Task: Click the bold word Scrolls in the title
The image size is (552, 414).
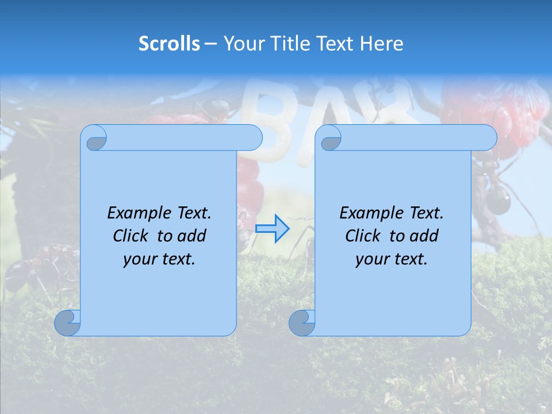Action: point(169,44)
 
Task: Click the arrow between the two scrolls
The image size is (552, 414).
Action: point(273,229)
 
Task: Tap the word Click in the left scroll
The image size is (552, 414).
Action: point(132,236)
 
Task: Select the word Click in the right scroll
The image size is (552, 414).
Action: point(365,236)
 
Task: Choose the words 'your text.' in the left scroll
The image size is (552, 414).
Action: point(159,259)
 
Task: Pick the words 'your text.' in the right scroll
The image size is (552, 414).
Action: point(392,259)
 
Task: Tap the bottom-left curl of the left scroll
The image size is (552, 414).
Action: point(67,323)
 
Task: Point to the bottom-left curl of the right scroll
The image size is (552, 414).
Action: point(302,323)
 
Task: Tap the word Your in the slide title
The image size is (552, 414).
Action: point(241,44)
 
